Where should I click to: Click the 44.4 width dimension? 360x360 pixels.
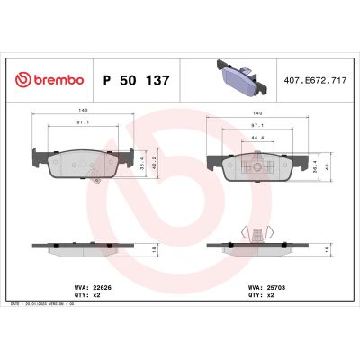tap(258, 137)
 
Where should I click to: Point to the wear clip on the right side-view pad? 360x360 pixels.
tap(258, 231)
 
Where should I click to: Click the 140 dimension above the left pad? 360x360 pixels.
tap(82, 112)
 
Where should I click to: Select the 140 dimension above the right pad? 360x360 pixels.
tap(258, 112)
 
